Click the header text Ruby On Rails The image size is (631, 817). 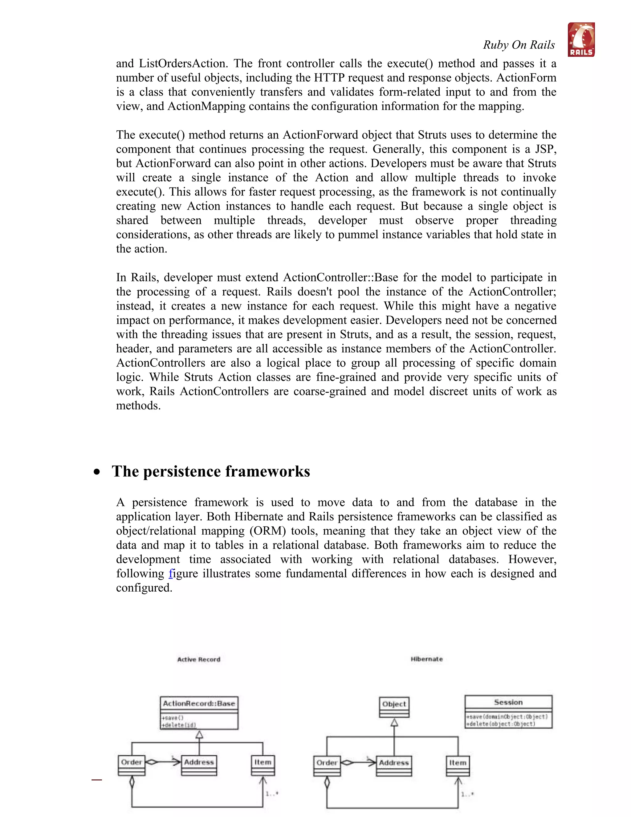coord(519,45)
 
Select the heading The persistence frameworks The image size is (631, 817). coord(211,471)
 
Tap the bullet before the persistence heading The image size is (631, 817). coord(97,472)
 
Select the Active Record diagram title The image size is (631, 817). coord(199,659)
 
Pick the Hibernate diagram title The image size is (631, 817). coord(426,659)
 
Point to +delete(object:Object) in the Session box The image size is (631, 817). coord(501,724)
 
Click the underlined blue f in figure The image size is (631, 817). coord(171,573)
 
